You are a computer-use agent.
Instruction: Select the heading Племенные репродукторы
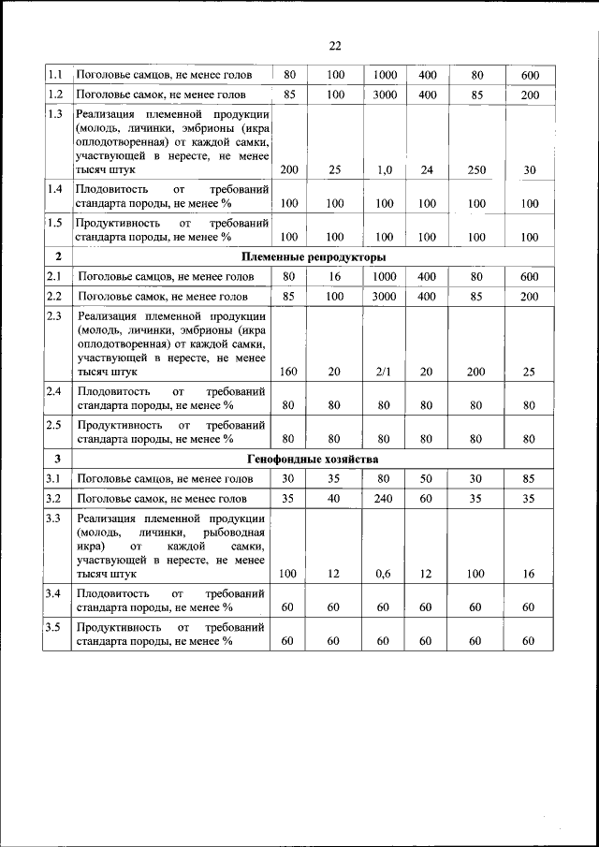point(314,256)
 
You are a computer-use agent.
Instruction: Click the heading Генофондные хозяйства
point(313,459)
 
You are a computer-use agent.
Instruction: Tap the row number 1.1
point(55,74)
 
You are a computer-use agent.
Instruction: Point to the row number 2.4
point(55,390)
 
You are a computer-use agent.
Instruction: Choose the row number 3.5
point(55,626)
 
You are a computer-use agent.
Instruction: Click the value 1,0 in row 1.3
point(384,169)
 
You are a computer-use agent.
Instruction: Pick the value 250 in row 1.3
point(477,169)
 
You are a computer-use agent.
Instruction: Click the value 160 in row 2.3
point(288,372)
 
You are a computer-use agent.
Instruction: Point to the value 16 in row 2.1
point(335,277)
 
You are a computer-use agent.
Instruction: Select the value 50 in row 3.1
point(427,479)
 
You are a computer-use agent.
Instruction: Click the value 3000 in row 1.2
point(385,95)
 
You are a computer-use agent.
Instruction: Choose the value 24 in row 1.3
point(427,169)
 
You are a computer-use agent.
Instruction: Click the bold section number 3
point(57,459)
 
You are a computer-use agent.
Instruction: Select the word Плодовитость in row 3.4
point(112,593)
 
